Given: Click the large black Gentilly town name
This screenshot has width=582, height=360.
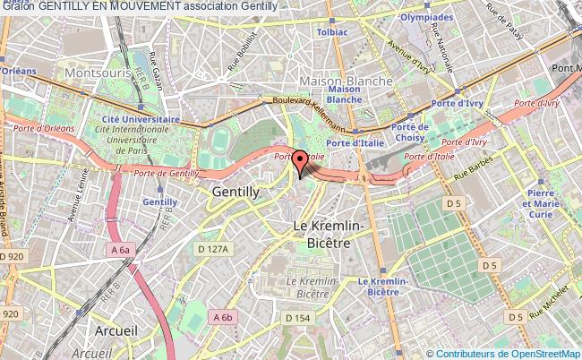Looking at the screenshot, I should click(x=235, y=192).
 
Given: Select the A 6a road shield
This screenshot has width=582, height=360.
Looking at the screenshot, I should click(x=121, y=251).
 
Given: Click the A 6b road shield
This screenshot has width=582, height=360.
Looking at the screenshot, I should click(x=223, y=316).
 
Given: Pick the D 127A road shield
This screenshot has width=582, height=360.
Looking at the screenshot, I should click(x=214, y=248).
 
